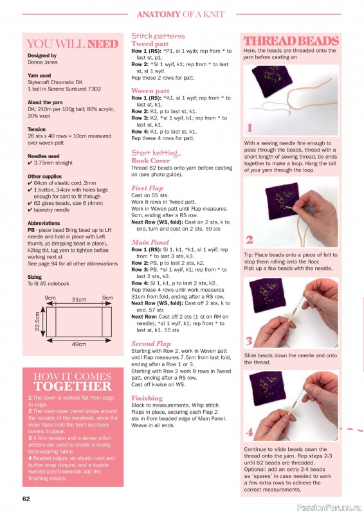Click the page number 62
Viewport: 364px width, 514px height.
(26, 499)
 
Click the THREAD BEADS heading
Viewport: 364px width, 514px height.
(291, 41)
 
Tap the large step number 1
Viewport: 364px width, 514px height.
(250, 127)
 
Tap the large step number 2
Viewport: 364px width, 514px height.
(250, 240)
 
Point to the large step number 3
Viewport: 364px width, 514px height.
(249, 341)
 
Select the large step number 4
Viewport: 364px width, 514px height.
(250, 432)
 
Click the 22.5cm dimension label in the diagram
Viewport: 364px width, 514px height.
(37, 321)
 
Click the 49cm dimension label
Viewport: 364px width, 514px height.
(79, 344)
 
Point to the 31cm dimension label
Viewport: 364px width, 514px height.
(79, 299)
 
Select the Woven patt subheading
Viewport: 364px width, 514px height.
(150, 91)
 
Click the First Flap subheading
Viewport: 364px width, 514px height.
(147, 188)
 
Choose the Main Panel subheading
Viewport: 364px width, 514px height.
(150, 242)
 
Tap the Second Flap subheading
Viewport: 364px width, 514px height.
(151, 344)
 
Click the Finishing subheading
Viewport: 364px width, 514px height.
(147, 398)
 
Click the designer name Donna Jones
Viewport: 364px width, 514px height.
(42, 62)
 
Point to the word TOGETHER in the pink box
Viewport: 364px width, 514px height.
(73, 386)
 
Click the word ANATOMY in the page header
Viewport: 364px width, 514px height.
(159, 14)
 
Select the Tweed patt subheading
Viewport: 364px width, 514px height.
(150, 44)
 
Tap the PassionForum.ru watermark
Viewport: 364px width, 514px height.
(329, 508)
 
